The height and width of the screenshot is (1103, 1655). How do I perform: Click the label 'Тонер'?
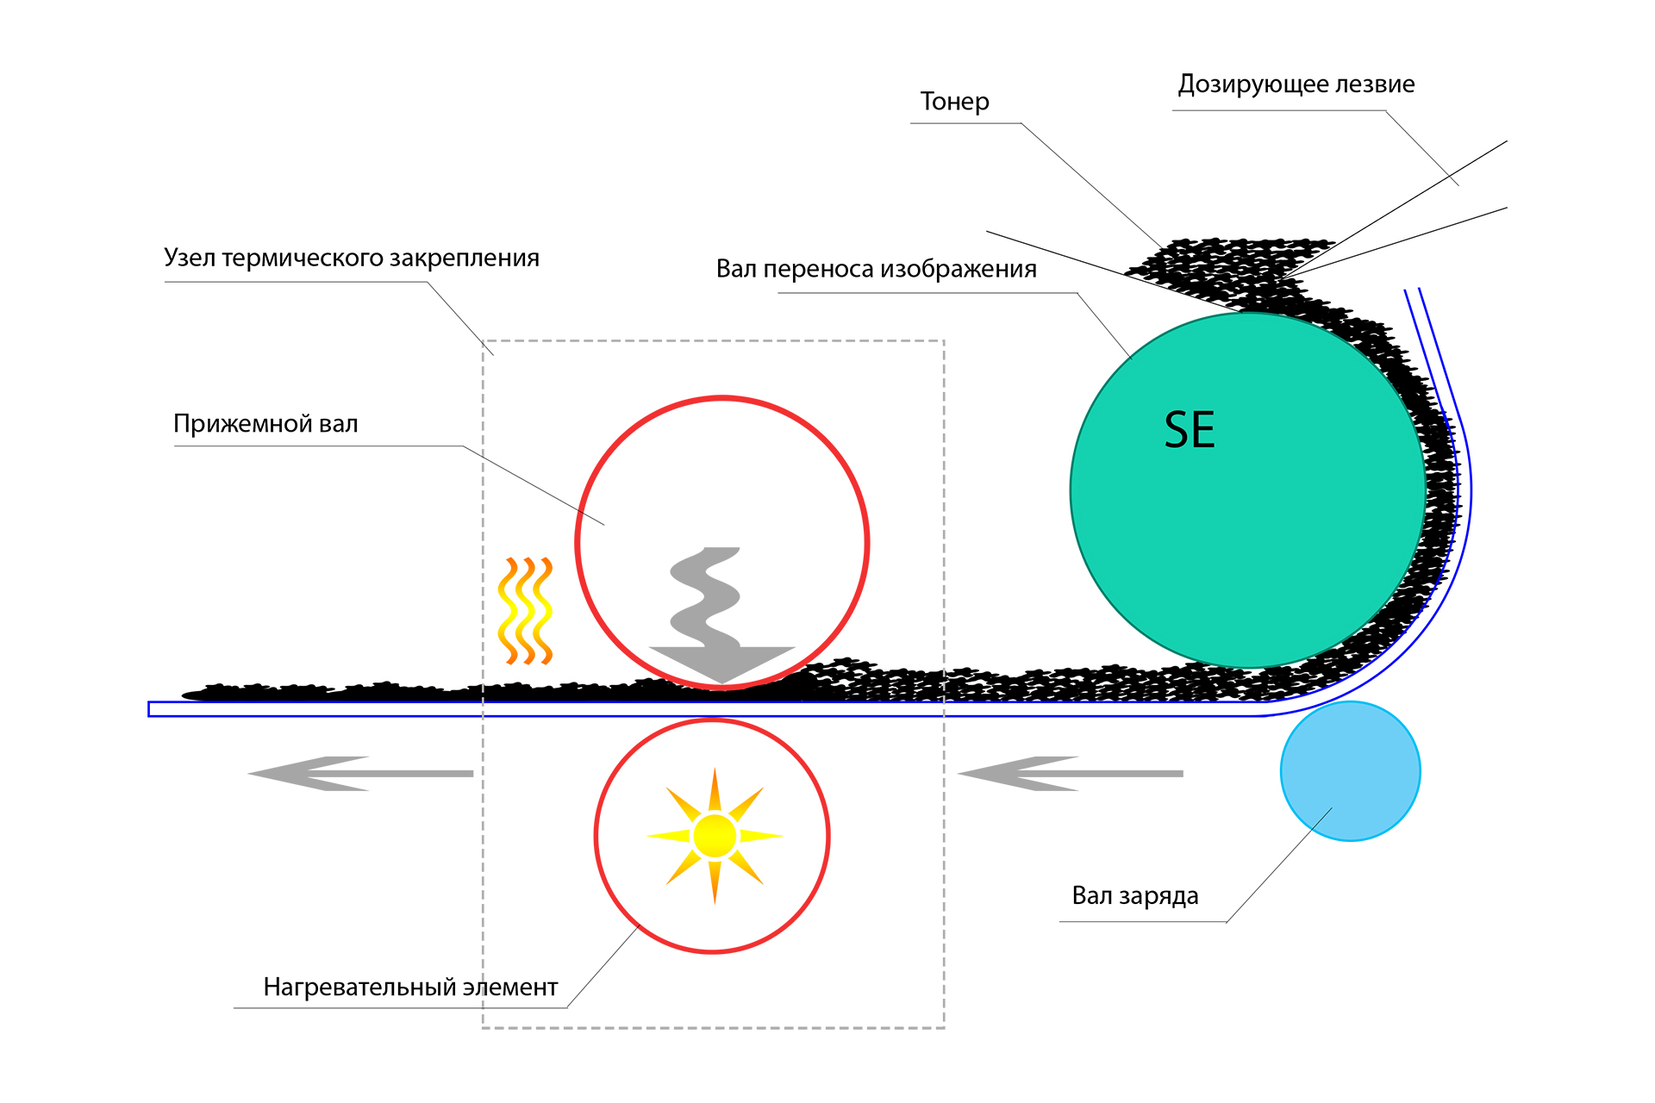click(x=954, y=102)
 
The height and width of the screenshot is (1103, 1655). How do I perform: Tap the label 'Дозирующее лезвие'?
click(x=1296, y=84)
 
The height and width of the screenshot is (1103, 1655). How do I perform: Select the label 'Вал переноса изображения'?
click(x=876, y=269)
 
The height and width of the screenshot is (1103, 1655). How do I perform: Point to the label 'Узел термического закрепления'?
click(x=352, y=258)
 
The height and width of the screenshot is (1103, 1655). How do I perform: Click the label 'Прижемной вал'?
click(x=265, y=424)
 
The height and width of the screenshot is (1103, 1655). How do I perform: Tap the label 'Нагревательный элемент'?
click(x=410, y=987)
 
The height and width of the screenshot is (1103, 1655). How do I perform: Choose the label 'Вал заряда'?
click(x=1134, y=896)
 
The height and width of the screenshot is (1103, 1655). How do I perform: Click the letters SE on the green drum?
click(x=1190, y=430)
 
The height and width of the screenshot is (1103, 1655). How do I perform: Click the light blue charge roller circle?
click(x=1350, y=771)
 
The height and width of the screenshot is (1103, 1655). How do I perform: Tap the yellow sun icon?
click(x=715, y=835)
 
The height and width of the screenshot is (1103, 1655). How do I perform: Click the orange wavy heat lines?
click(x=524, y=611)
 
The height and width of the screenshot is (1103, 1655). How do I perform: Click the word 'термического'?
click(x=304, y=258)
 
